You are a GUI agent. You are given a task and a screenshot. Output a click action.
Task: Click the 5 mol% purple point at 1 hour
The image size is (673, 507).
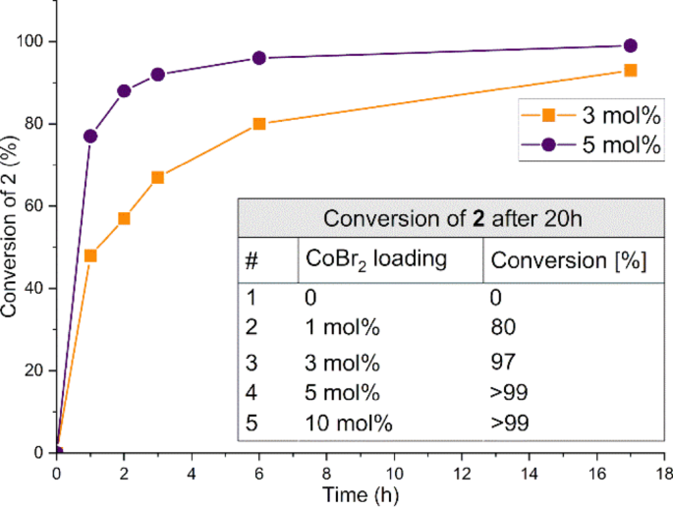click(90, 136)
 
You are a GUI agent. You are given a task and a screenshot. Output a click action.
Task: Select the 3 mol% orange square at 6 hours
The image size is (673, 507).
click(259, 124)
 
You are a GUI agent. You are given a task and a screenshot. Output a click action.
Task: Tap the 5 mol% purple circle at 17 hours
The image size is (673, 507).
click(631, 45)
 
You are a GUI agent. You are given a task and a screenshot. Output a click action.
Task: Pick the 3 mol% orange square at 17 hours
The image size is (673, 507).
click(631, 71)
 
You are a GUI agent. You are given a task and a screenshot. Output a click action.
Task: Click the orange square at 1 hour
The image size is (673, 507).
click(90, 255)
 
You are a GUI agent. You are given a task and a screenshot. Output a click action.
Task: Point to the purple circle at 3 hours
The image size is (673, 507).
click(157, 75)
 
